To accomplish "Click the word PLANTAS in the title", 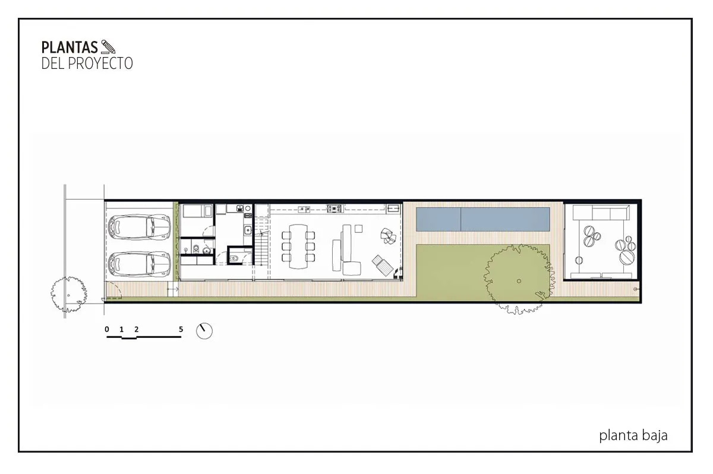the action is (x=70, y=48).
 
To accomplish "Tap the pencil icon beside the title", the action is (x=108, y=47).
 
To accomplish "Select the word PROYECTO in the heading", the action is (x=100, y=64).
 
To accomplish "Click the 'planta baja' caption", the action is (x=633, y=435).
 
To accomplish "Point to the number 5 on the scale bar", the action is (x=181, y=329).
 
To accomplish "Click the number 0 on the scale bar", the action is (x=107, y=329).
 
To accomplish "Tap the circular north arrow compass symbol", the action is (x=204, y=331).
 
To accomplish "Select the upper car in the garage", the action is (x=139, y=227).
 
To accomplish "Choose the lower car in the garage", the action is (x=139, y=264).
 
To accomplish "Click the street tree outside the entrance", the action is (x=69, y=294).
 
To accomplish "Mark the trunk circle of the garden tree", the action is (x=519, y=281).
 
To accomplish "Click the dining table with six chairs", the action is (x=298, y=247).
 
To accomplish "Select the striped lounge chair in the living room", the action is (x=381, y=266).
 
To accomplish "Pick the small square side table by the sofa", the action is (x=358, y=229).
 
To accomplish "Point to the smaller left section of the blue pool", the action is (x=438, y=220).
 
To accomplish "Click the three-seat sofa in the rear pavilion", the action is (x=601, y=212).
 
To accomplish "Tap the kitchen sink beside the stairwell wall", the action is (x=248, y=229).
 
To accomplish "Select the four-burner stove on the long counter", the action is (x=334, y=208).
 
